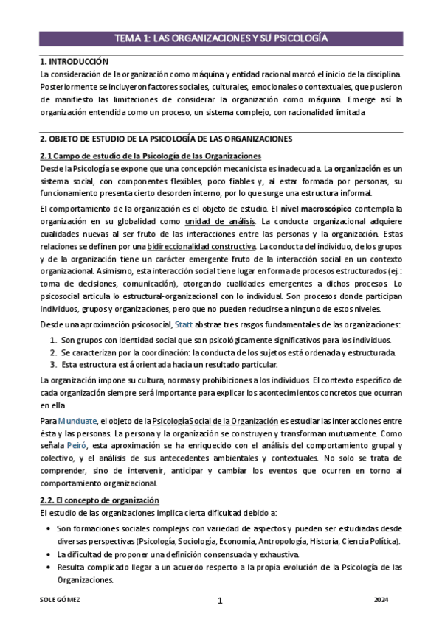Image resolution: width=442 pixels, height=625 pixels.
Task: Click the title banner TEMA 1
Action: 221,38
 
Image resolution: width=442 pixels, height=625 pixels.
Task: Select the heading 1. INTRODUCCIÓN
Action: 74,62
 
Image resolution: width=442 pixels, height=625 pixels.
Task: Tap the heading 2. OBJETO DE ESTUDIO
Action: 156,139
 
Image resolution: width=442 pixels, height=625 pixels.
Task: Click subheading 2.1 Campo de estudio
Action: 151,156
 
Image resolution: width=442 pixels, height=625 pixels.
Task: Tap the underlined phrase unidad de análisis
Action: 220,221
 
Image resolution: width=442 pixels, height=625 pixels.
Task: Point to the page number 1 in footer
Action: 220,600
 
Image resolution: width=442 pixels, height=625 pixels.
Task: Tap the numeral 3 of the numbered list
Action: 54,364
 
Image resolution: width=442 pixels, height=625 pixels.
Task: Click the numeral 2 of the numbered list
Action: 54,352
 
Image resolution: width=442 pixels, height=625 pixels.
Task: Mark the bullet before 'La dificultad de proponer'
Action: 48,554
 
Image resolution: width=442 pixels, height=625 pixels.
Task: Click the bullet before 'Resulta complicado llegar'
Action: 48,567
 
